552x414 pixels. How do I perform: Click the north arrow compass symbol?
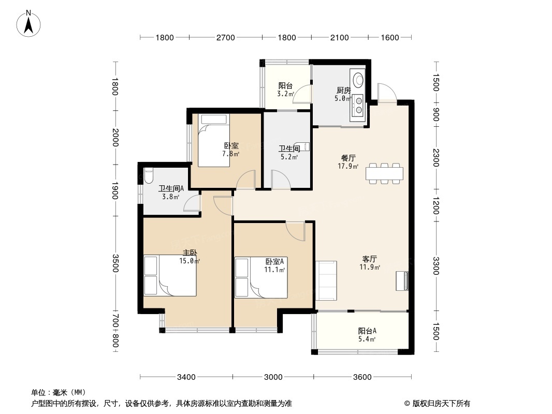point(28,24)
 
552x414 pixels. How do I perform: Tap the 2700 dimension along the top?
point(225,38)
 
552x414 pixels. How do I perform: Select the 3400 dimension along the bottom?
point(186,377)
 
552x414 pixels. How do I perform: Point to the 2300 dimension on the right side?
point(436,158)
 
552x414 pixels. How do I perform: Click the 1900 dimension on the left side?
point(115,190)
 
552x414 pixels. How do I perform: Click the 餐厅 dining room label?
point(348,158)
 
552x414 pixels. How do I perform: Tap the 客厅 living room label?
point(370,259)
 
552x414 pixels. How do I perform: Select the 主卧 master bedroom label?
point(190,253)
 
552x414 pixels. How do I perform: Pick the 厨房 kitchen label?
point(344,91)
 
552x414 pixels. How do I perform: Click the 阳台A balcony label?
point(367,331)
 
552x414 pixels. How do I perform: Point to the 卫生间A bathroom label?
point(171,188)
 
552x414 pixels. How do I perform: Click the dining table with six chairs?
point(384,173)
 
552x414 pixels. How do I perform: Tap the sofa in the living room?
point(326,280)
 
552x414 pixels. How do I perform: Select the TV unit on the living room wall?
point(402,280)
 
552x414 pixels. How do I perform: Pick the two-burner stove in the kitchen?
point(358,106)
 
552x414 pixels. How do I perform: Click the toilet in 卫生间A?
point(149,175)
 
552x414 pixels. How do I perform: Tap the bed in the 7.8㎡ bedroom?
point(214,140)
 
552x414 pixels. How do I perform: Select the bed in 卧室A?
point(261,278)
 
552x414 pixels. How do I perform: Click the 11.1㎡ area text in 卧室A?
point(274,270)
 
